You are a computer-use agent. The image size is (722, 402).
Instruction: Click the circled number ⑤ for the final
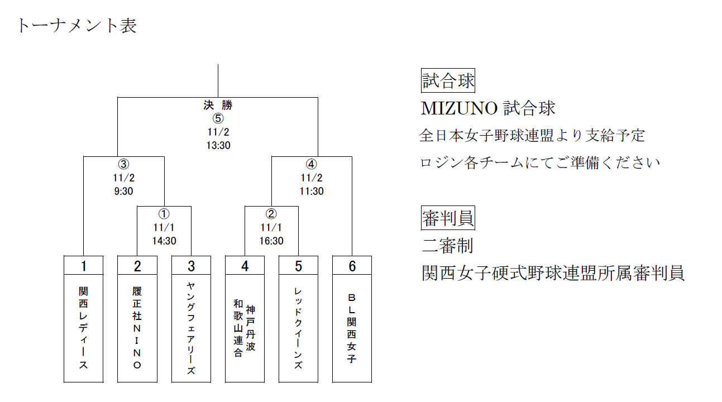coord(218,118)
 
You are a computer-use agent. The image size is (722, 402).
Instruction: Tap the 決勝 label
coord(218,105)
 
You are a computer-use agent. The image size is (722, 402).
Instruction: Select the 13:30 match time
coord(218,145)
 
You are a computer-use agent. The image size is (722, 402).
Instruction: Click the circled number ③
coord(123,165)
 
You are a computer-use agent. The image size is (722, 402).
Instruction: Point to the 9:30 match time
coord(123,191)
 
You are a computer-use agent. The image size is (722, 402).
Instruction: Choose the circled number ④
coord(312,165)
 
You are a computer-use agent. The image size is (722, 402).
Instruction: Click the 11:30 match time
coord(312,191)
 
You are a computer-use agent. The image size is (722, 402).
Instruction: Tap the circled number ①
coord(164,214)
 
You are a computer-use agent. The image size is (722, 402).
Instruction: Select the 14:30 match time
coord(164,241)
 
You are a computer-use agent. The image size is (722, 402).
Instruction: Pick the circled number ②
coord(271,214)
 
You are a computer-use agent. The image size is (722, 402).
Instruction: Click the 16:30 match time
coord(271,241)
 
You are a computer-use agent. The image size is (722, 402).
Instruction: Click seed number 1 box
coord(84,266)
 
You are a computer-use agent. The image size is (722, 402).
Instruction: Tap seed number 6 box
coord(352,266)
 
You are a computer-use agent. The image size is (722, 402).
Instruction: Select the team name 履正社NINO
coord(137,328)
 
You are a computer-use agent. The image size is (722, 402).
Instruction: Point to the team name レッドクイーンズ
coord(298,328)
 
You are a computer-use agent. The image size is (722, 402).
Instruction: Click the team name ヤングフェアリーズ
coord(191,328)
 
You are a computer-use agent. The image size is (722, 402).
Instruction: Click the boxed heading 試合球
coord(448,81)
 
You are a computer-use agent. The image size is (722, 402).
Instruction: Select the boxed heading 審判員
coord(448,219)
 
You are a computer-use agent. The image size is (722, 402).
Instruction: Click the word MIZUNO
coord(459,108)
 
